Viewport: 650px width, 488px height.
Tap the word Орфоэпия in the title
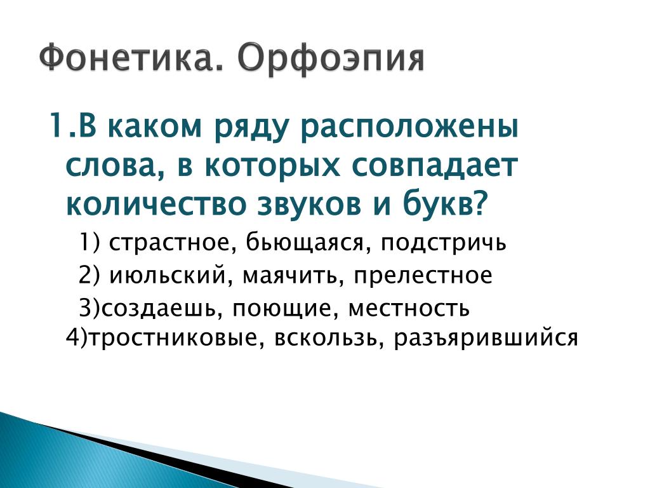point(331,58)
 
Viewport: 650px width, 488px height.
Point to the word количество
point(156,204)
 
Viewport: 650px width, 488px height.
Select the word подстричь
point(443,243)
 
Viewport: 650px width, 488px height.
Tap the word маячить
point(290,274)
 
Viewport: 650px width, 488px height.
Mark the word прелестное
point(423,276)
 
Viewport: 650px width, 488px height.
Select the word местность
point(409,309)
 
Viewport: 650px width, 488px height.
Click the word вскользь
point(326,338)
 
